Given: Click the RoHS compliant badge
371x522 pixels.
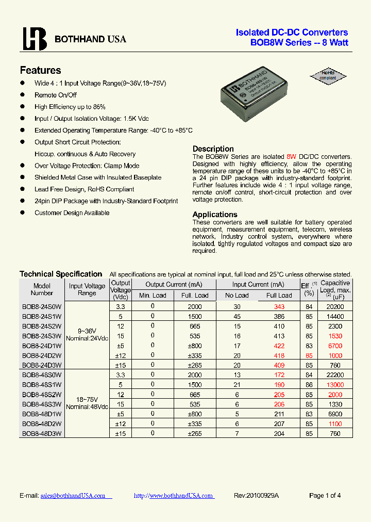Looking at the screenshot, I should pos(328,76).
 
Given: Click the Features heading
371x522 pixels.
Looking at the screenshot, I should pos(40,70).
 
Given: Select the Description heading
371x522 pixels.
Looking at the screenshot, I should pos(213,149).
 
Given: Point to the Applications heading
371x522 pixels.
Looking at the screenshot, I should pos(215,214).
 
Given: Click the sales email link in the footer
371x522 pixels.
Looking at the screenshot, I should pos(73,495).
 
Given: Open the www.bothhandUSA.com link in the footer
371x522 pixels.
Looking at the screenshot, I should pos(173,495).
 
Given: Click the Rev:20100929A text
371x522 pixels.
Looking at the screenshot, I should pos(256,495).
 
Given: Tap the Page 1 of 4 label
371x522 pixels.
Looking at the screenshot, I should pos(325,495).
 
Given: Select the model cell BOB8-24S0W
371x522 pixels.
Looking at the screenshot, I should pos(42,306).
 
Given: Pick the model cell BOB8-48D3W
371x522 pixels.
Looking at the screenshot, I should pos(42,433).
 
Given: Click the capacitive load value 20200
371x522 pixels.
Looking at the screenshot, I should pos(335,306).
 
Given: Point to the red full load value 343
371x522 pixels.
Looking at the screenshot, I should pos(279,306).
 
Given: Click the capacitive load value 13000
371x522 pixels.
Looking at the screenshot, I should pos(335,385).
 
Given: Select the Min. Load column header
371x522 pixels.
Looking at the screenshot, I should pos(153,296).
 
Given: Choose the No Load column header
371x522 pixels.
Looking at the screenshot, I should pos(237,296).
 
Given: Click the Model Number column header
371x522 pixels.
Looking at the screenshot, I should pos(42,289).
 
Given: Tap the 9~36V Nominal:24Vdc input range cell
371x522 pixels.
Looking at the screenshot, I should pos(87,335).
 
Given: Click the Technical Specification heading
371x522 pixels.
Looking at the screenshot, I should pos(61,274).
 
